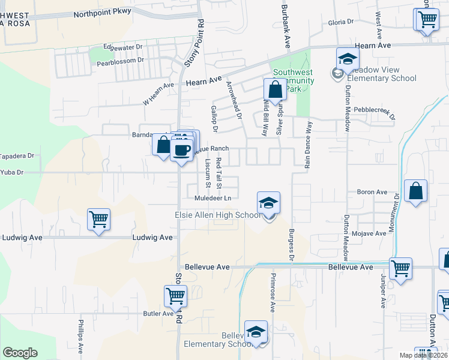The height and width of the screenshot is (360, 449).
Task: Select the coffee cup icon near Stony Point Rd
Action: (182, 149)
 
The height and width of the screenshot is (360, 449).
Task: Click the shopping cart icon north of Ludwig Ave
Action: (98, 219)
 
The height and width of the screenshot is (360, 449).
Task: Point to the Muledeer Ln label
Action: (212, 198)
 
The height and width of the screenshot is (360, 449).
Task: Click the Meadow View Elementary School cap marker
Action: (347, 59)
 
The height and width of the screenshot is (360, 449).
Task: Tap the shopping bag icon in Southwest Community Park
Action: (274, 91)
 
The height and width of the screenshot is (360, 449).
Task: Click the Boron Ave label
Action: (372, 192)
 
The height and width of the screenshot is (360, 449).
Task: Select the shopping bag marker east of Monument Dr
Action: (415, 192)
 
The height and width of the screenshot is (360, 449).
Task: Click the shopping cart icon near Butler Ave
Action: (175, 296)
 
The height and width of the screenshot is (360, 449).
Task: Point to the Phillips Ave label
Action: (80, 336)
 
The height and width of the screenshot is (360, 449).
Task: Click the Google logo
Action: (20, 353)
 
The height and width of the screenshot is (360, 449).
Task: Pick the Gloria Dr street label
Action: (341, 22)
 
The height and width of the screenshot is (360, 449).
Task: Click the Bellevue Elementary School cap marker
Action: (256, 332)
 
